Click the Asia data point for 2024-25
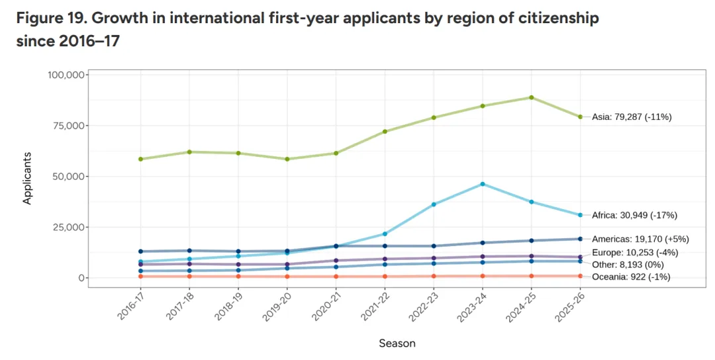531,97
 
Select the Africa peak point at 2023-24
483,184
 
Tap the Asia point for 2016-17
140,159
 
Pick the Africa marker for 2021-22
385,234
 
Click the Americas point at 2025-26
580,239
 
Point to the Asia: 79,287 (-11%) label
632,117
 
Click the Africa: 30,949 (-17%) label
634,215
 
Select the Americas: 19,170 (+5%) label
640,239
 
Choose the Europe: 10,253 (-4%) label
635,252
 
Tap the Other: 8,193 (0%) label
628,265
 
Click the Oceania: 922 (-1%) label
631,277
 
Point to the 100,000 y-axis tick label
66,75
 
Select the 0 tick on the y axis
81,278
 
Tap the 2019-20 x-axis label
277,306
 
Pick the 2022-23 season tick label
424,306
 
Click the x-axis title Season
397,343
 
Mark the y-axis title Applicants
27,178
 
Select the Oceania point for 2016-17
140,277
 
